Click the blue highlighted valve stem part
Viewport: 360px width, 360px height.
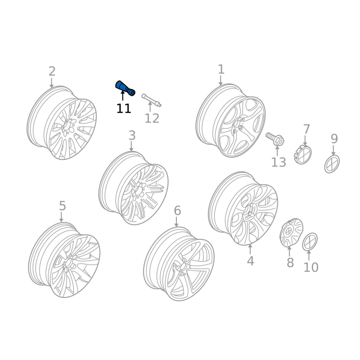(125, 88)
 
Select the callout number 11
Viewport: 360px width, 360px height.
(124, 108)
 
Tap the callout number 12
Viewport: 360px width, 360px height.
(152, 118)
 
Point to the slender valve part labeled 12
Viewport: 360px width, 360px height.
(151, 100)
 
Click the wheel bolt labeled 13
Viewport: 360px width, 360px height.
(275, 139)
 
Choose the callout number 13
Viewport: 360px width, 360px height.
(279, 162)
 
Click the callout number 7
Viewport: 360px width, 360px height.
(306, 129)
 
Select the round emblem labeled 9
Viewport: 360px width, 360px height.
(332, 164)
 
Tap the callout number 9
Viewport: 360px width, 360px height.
(334, 139)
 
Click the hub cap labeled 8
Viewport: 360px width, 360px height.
(291, 233)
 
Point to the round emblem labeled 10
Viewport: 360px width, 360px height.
(310, 242)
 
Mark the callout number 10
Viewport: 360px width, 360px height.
(311, 267)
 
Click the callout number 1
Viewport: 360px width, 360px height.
(221, 69)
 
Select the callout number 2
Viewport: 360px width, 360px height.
(52, 71)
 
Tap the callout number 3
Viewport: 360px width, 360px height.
(132, 135)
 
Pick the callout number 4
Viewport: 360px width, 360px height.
(251, 261)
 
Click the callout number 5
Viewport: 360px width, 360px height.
(62, 206)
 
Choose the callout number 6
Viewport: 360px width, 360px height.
(177, 211)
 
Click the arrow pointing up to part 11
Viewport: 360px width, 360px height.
(122, 95)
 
